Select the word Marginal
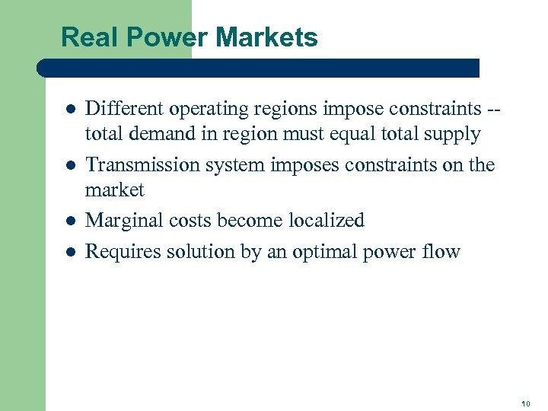120,221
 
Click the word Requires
118,252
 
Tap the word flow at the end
441,251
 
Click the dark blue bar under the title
259,68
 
